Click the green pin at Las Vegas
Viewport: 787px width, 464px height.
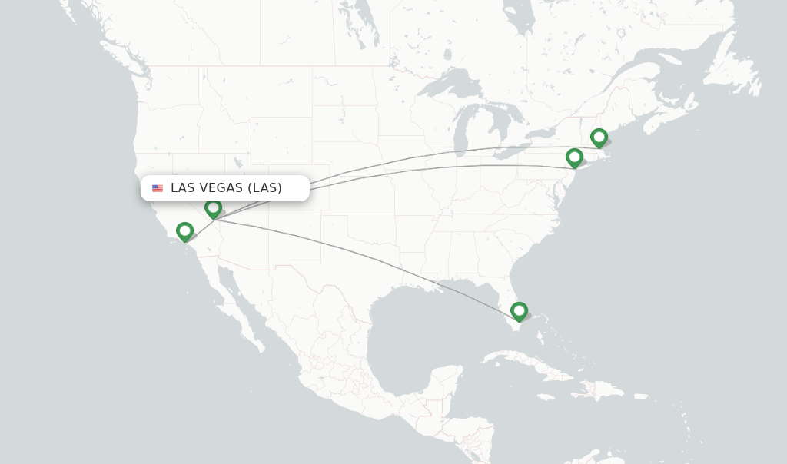(214, 207)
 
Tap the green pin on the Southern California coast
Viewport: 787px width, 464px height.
(184, 230)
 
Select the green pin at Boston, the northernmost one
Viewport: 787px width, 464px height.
(599, 138)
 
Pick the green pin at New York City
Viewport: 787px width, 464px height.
(574, 157)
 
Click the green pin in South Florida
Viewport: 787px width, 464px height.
(519, 310)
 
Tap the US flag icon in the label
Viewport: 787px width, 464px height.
(158, 188)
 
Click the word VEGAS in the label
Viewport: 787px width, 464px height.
(221, 188)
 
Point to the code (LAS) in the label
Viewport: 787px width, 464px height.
(265, 188)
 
